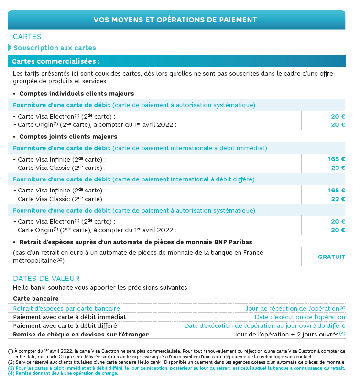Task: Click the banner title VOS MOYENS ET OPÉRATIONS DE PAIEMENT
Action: tap(175, 20)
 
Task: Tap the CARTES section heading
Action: tap(27, 37)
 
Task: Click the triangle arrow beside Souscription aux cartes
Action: tap(10, 48)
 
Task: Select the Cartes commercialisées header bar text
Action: tap(56, 62)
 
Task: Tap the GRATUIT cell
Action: tap(331, 257)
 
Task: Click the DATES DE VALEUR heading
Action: tap(46, 279)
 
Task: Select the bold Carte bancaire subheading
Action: tap(36, 299)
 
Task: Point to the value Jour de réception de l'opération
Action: tap(294, 309)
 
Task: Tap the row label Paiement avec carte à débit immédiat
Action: tap(69, 317)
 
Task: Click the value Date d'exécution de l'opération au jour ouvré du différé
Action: tap(264, 325)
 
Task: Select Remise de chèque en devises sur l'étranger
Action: tap(81, 334)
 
